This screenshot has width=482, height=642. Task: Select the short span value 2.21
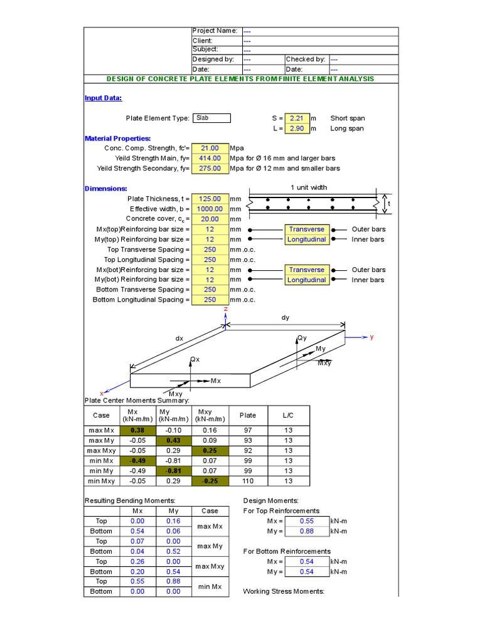coord(297,118)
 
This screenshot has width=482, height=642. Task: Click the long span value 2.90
coord(297,129)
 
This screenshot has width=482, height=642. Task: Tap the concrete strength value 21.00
coord(210,148)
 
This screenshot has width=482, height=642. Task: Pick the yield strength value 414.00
coord(210,158)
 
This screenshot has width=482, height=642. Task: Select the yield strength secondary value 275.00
coord(210,168)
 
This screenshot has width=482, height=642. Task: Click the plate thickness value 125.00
coord(210,199)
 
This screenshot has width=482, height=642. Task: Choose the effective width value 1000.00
coord(210,209)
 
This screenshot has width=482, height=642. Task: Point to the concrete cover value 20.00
coord(210,219)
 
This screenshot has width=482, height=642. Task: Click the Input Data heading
coord(103,98)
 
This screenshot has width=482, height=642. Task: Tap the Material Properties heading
coord(117,138)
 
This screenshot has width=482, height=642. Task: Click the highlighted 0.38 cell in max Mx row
coord(136,431)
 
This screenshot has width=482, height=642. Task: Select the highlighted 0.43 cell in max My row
coord(173,441)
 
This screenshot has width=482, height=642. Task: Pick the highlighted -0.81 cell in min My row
coord(173,471)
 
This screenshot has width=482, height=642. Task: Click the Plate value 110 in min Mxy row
coord(248,481)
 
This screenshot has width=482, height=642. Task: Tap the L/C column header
coord(287,415)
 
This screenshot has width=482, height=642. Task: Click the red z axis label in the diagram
coord(225,310)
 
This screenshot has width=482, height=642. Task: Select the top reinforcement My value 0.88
coord(306,531)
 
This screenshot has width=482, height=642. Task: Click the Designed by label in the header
coord(213,59)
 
